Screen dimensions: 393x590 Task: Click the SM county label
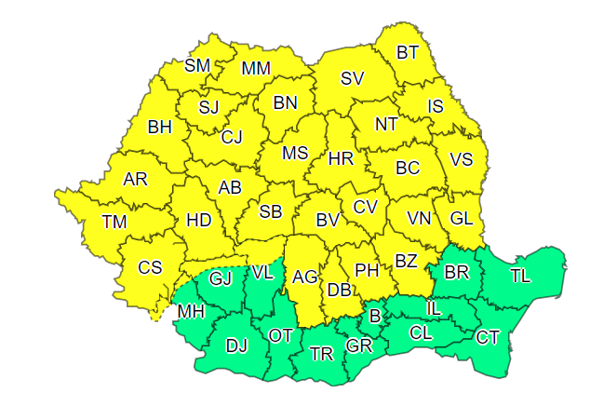[x=197, y=65]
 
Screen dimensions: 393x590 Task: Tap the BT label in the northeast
[x=408, y=52]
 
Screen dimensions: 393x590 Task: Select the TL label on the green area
[x=519, y=275]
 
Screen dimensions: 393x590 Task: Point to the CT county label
[x=488, y=337]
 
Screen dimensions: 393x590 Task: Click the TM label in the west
[x=114, y=222]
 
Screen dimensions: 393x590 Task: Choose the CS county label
[x=150, y=267]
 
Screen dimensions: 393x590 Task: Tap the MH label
[x=191, y=310]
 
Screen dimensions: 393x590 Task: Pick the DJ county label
[x=237, y=346]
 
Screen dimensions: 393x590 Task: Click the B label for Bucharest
[x=375, y=317]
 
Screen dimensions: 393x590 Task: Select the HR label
[x=341, y=159]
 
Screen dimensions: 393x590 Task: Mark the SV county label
[x=352, y=79]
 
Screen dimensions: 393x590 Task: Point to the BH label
[x=160, y=127]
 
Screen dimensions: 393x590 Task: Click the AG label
[x=305, y=277]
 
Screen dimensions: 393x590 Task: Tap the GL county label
[x=462, y=219]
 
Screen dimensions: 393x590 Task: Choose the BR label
[x=457, y=273]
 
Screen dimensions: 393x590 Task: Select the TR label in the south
[x=321, y=353]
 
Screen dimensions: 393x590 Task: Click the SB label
[x=270, y=211]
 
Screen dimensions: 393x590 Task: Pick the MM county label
[x=255, y=69]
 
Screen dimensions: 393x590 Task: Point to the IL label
[x=434, y=307]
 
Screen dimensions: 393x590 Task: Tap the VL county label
[x=262, y=273]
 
